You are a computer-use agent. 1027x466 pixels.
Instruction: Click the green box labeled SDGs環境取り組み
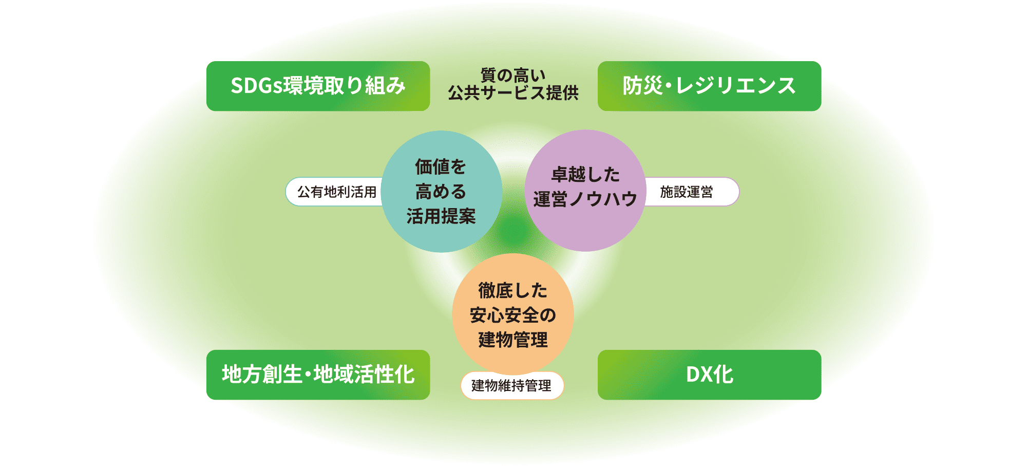pyautogui.click(x=318, y=86)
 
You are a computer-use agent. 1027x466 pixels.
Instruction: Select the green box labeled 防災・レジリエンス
pyautogui.click(x=709, y=86)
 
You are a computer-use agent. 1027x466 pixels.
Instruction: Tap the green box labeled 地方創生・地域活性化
pyautogui.click(x=318, y=375)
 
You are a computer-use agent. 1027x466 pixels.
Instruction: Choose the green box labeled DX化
pyautogui.click(x=709, y=375)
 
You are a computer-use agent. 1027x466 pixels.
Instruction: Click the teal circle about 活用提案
pyautogui.click(x=441, y=191)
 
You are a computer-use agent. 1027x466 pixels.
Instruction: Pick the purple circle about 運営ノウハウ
pyautogui.click(x=585, y=191)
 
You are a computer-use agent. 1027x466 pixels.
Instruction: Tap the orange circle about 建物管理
pyautogui.click(x=513, y=314)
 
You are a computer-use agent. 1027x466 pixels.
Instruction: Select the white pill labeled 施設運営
pyautogui.click(x=691, y=192)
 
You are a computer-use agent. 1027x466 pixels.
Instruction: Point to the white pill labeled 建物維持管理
pyautogui.click(x=512, y=385)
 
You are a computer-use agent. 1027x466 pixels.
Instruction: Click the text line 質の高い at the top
pyautogui.click(x=513, y=76)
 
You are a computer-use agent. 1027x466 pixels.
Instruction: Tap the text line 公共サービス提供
pyautogui.click(x=513, y=93)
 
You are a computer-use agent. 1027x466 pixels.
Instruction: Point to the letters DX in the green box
pyautogui.click(x=699, y=375)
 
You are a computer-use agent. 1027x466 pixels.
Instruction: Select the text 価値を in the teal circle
pyautogui.click(x=441, y=167)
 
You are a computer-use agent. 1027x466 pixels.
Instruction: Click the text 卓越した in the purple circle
pyautogui.click(x=585, y=175)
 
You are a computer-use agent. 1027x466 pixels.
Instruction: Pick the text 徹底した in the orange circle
pyautogui.click(x=513, y=290)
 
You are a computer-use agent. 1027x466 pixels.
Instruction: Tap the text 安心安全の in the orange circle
pyautogui.click(x=513, y=315)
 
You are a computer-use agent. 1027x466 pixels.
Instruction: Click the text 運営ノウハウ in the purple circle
pyautogui.click(x=585, y=199)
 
